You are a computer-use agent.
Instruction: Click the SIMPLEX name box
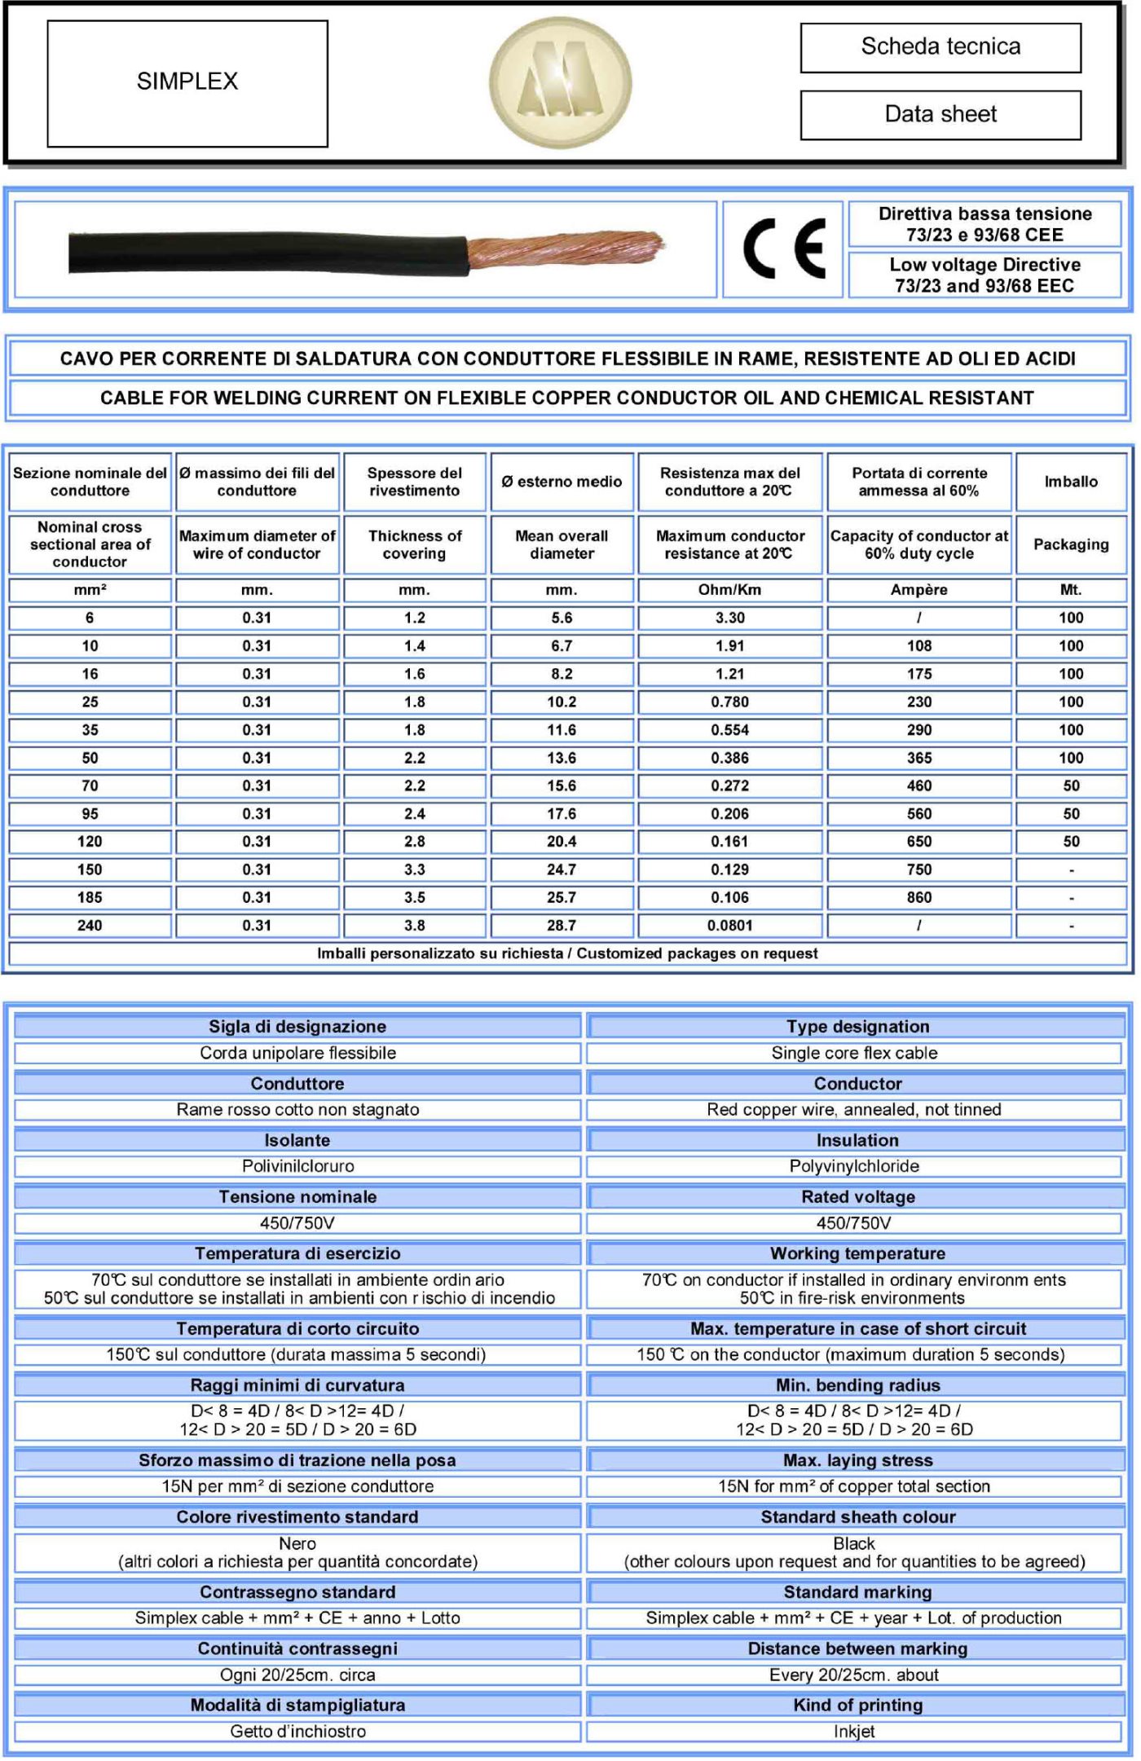click(x=187, y=83)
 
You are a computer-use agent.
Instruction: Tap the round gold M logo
click(x=560, y=82)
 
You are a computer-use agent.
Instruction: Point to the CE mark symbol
click(x=783, y=249)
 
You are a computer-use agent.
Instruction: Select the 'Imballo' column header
click(x=1070, y=482)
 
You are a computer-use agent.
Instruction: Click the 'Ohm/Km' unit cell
click(x=729, y=590)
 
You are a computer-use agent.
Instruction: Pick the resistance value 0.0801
click(x=729, y=926)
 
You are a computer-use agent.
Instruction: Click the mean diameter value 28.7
click(x=562, y=926)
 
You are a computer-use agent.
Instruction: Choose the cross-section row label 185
click(x=90, y=898)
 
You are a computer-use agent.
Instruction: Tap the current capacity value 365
click(x=919, y=758)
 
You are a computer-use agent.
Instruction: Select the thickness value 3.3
click(x=414, y=869)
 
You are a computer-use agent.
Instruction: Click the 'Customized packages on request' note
click(x=697, y=953)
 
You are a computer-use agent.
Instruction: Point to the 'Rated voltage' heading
click(x=857, y=1197)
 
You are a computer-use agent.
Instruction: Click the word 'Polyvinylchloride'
click(x=853, y=1166)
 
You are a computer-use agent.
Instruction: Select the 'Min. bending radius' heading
click(x=857, y=1385)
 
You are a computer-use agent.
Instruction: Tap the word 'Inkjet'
click(x=853, y=1732)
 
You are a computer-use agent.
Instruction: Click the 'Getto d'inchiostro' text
click(x=297, y=1732)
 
